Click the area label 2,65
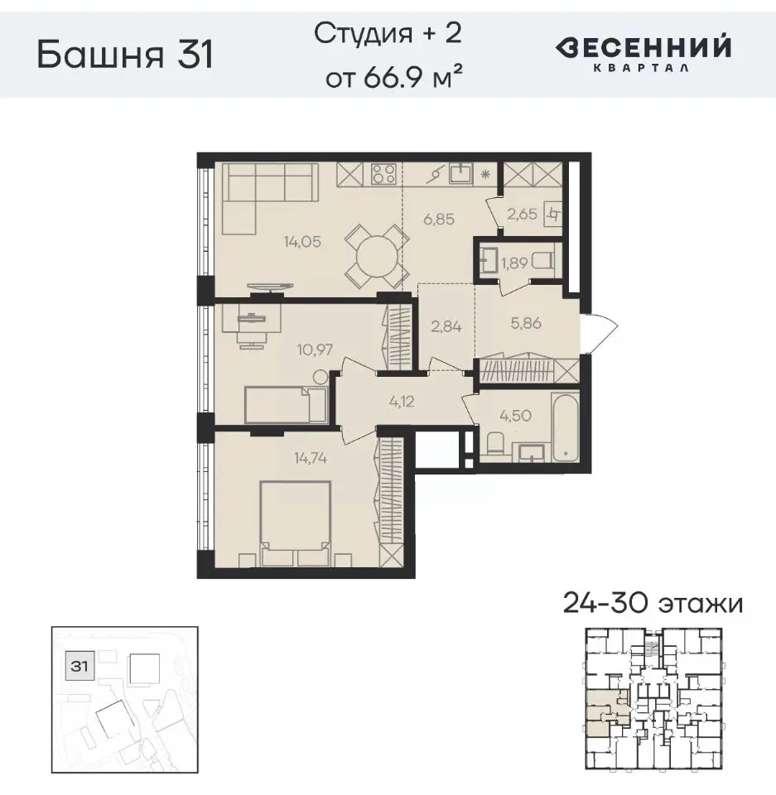(x=522, y=214)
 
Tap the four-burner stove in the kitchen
(x=383, y=174)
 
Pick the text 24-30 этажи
(x=653, y=603)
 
